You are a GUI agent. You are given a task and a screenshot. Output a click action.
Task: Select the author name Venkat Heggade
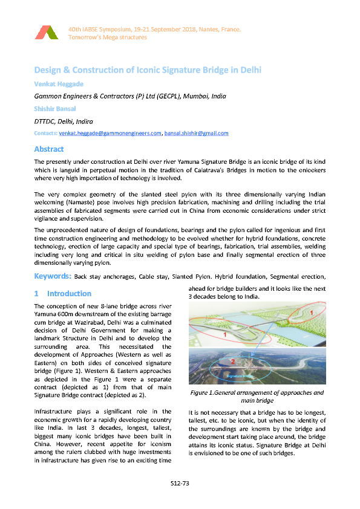(x=59, y=83)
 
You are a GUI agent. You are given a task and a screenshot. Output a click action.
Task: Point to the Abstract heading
(x=49, y=149)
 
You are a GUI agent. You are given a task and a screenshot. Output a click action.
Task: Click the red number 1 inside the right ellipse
(x=311, y=313)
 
